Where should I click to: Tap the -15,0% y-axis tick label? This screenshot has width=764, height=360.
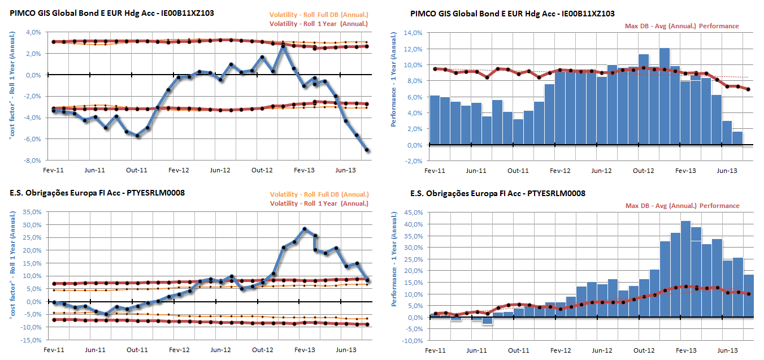32,340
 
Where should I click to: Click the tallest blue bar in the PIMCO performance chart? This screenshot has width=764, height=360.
665,96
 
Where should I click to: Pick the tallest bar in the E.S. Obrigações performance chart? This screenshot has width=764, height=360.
685,268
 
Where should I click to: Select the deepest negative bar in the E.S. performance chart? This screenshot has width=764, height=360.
487,320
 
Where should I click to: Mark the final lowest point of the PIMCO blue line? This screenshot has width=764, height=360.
367,150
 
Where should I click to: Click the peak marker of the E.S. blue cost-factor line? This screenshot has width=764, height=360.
305,229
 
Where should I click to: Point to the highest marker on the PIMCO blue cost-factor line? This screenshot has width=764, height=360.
284,46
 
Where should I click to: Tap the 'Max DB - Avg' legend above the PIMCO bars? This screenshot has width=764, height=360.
681,26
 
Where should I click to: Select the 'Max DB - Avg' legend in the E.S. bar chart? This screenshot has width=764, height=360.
681,206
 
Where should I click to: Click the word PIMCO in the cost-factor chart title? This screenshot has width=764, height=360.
22,13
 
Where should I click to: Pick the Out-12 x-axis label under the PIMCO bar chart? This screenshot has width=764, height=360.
644,170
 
